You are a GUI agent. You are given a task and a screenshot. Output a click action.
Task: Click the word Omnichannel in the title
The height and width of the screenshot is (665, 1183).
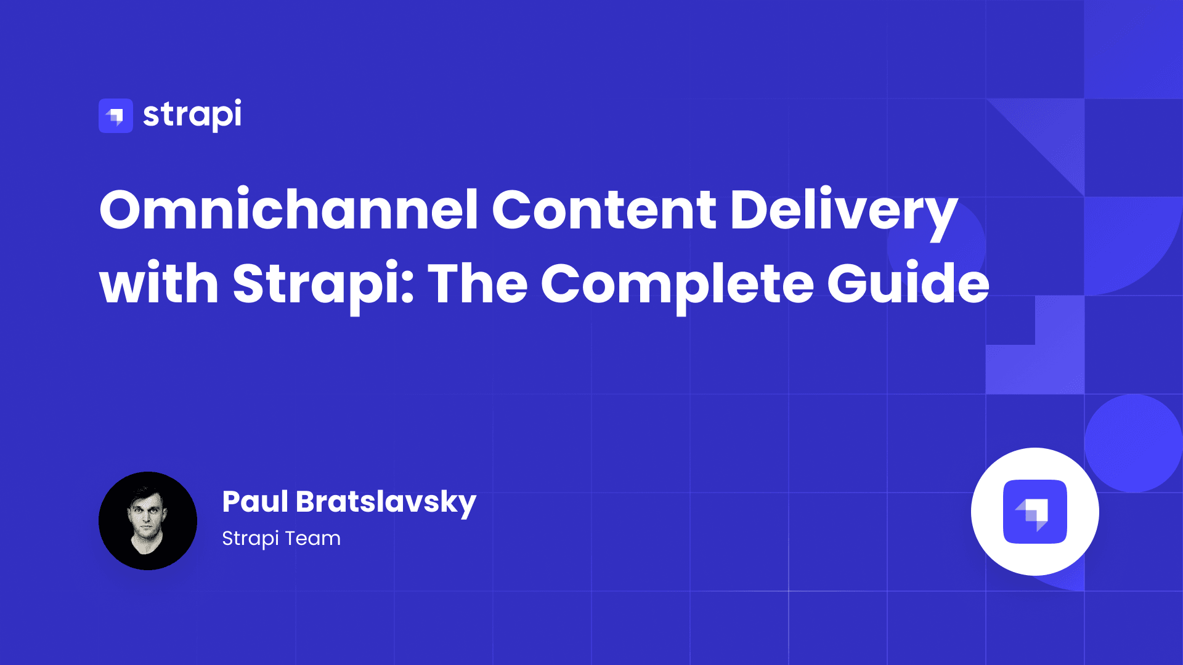tap(289, 209)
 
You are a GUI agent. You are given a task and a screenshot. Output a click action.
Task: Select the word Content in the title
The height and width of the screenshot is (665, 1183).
tap(604, 209)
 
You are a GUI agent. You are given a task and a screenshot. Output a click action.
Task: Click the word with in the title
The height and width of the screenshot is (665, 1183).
tap(159, 282)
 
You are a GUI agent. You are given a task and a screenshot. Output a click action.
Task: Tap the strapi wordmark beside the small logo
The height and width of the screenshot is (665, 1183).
tap(192, 115)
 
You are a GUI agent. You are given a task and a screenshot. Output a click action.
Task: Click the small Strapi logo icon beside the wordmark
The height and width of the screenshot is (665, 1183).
tap(116, 116)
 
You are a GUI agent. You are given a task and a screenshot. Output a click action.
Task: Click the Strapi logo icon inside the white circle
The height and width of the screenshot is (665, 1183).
tap(1035, 512)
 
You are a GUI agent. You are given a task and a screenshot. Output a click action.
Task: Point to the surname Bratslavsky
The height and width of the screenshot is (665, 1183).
tap(386, 504)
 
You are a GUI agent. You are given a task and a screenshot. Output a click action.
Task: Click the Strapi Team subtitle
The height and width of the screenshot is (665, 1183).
tap(282, 539)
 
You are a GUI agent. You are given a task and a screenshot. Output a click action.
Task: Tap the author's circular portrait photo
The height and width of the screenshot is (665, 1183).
tap(148, 521)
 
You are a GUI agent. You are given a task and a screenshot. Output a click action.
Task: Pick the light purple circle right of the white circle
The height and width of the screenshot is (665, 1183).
tap(1134, 443)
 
